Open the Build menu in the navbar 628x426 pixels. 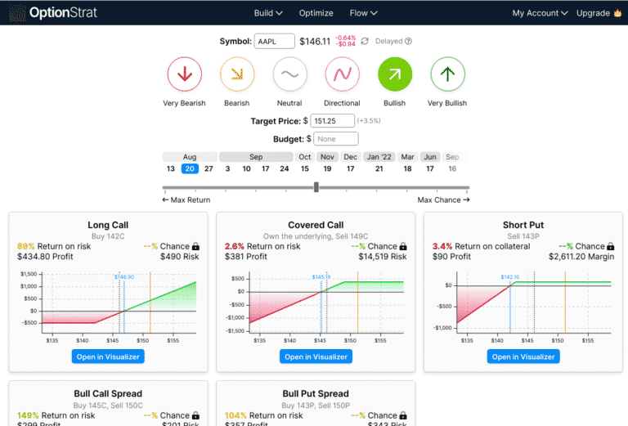pyautogui.click(x=268, y=13)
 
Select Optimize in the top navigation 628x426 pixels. pyautogui.click(x=316, y=13)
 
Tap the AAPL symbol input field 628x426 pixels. pyautogui.click(x=275, y=42)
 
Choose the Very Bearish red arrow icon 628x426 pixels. pyautogui.click(x=184, y=74)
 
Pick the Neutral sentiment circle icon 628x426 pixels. pyautogui.click(x=289, y=74)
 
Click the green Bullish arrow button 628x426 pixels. pyautogui.click(x=394, y=74)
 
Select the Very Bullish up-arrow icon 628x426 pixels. pyautogui.click(x=446, y=74)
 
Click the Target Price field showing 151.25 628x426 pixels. pyautogui.click(x=333, y=121)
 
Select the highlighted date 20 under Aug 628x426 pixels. pyautogui.click(x=190, y=168)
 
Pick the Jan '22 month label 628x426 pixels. pyautogui.click(x=379, y=156)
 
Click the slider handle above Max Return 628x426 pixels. pyautogui.click(x=316, y=187)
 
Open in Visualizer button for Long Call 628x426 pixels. pyautogui.click(x=108, y=356)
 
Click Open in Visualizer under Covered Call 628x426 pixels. pyautogui.click(x=316, y=356)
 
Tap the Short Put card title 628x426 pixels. pyautogui.click(x=523, y=225)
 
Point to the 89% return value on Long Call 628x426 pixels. pyautogui.click(x=25, y=246)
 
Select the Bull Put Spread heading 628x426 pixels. pyautogui.click(x=316, y=393)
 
